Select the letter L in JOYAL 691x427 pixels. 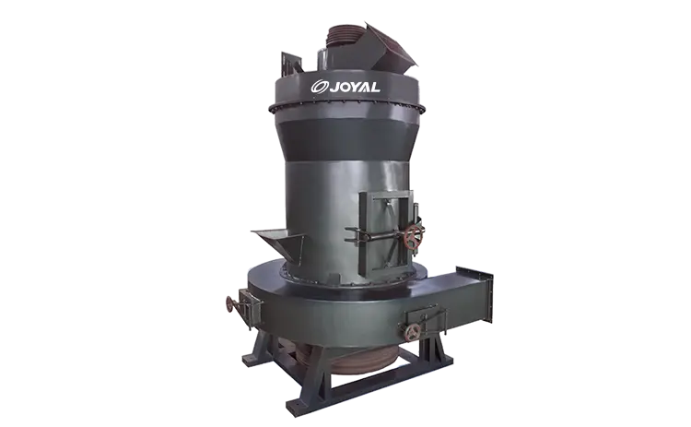click(x=375, y=87)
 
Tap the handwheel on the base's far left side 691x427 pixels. click(x=230, y=304)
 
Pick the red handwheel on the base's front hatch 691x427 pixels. click(x=414, y=332)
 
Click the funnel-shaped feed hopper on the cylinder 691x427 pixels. click(x=277, y=244)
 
